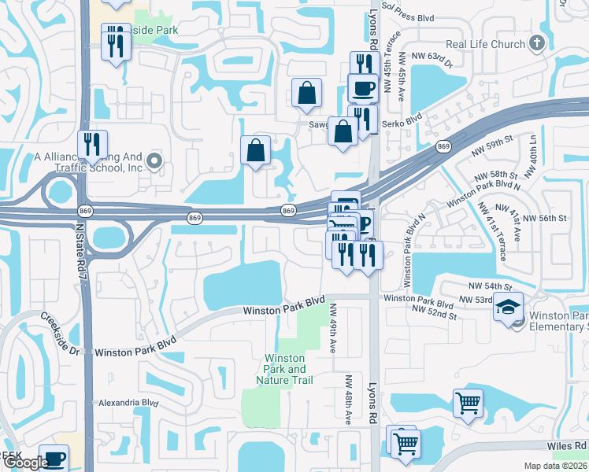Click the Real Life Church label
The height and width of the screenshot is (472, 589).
coord(485,44)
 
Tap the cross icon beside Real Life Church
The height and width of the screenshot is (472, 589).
coord(538,42)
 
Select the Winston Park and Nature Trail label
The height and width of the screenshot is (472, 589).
coord(285,369)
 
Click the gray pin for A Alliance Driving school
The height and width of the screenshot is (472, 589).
coord(154,162)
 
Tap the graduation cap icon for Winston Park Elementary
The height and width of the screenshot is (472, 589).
coord(508,306)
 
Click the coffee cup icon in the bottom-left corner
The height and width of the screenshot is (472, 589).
coord(54,458)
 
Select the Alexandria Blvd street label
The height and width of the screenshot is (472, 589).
coord(128,403)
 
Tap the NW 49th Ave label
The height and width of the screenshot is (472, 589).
coord(333,328)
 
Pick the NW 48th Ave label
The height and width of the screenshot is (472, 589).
coord(348,399)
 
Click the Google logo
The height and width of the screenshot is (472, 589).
coord(25,463)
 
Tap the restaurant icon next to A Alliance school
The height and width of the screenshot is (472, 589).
coord(93,145)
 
